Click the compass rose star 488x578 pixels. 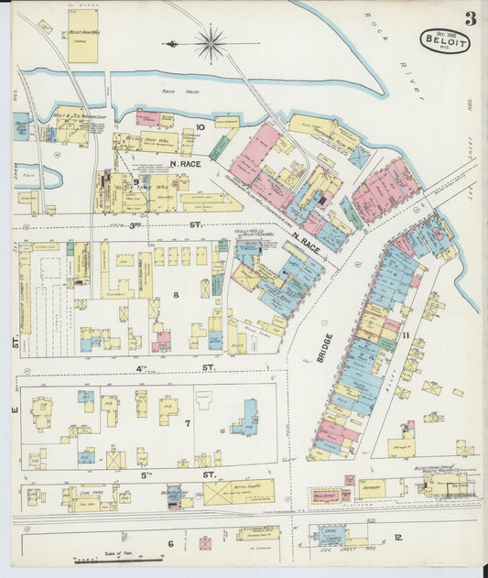click(x=211, y=42)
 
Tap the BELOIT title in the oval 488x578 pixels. click(x=445, y=40)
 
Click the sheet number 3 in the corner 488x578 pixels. click(x=470, y=18)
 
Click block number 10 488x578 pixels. click(x=200, y=128)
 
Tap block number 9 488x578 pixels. click(x=136, y=181)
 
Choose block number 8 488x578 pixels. click(x=176, y=295)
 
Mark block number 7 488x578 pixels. click(x=187, y=423)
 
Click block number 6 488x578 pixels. click(x=170, y=543)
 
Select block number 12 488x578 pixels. click(x=397, y=538)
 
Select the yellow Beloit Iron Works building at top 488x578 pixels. click(x=82, y=42)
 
